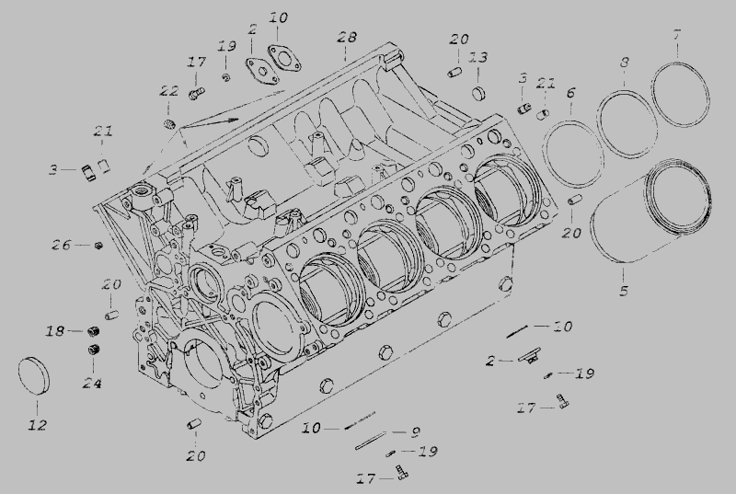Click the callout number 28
tap(347, 37)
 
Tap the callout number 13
tap(478, 58)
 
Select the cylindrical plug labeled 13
tap(478, 93)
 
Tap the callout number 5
tap(624, 291)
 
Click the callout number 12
tap(38, 425)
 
